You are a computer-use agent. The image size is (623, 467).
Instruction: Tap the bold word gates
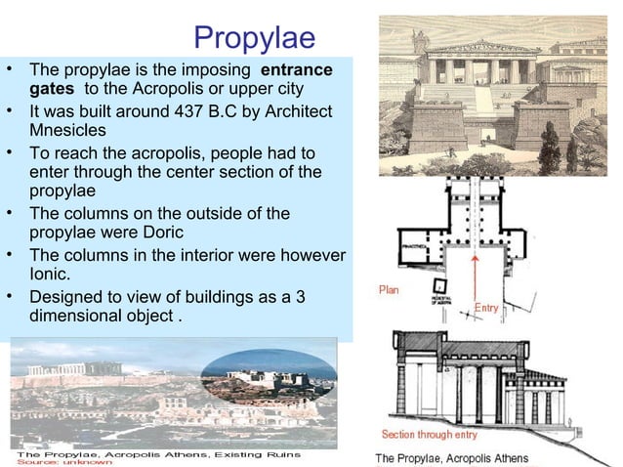pyautogui.click(x=53, y=90)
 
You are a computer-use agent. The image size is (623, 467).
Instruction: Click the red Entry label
pyautogui.click(x=487, y=308)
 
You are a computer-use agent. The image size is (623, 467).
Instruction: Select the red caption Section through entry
pyautogui.click(x=429, y=434)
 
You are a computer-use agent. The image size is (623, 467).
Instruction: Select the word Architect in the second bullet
pyautogui.click(x=293, y=110)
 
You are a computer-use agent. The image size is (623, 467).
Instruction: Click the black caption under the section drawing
pyautogui.click(x=451, y=458)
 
